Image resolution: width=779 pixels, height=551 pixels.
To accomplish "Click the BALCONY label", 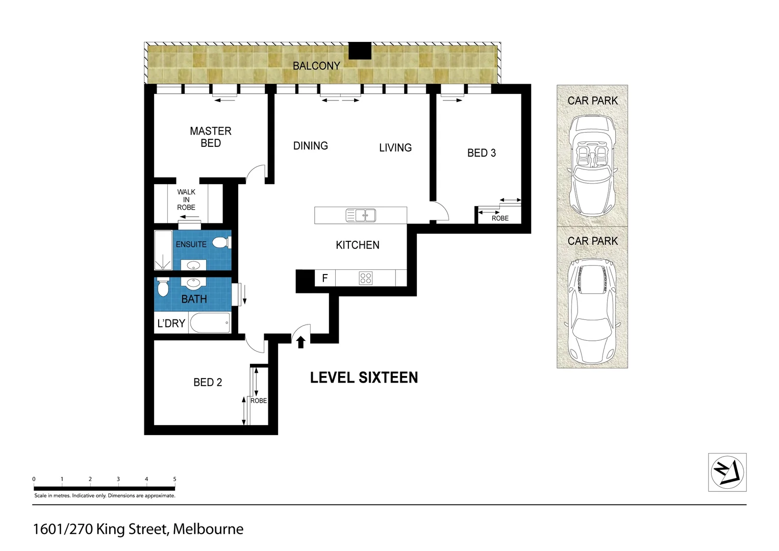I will pyautogui.click(x=316, y=66).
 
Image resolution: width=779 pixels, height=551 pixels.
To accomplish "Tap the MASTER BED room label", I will pyautogui.click(x=211, y=137).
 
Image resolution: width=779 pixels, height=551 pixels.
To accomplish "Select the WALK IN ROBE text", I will pyautogui.click(x=186, y=199).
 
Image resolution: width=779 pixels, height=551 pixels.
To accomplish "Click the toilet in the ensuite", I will pyautogui.click(x=220, y=243).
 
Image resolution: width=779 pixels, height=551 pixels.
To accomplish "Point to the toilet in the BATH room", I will pyautogui.click(x=163, y=287).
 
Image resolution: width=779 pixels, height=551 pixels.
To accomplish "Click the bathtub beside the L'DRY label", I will pyautogui.click(x=210, y=323).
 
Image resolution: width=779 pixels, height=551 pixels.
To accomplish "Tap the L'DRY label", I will pyautogui.click(x=171, y=323).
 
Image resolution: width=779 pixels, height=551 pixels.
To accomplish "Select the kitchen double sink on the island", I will pyautogui.click(x=361, y=215).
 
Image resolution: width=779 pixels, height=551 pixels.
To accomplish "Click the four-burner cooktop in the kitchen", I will pyautogui.click(x=366, y=278).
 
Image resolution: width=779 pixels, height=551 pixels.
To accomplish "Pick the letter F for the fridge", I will pyautogui.click(x=325, y=279).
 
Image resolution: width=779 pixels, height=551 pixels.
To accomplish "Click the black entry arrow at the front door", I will pyautogui.click(x=301, y=342).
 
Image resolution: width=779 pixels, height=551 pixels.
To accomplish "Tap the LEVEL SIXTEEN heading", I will pyautogui.click(x=364, y=378).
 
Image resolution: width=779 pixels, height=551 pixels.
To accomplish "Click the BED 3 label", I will pyautogui.click(x=481, y=153).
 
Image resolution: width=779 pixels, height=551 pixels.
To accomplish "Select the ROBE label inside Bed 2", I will pyautogui.click(x=259, y=401).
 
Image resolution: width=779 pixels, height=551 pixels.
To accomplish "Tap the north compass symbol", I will pyautogui.click(x=727, y=472).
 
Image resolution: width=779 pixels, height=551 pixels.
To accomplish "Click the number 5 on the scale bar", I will pyautogui.click(x=174, y=479).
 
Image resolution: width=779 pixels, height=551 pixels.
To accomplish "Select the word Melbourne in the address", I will pyautogui.click(x=208, y=530).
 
